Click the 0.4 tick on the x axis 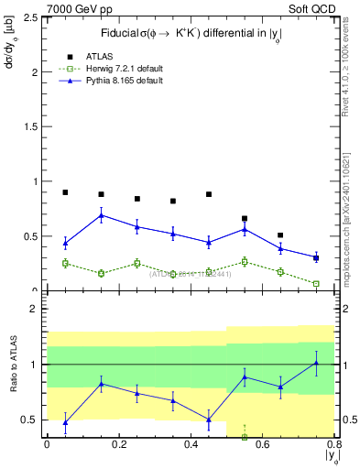coord(190,444)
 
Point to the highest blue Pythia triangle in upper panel coord(101,215)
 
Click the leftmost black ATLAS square coord(65,192)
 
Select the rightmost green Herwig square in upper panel coord(316,284)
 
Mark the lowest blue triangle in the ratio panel coord(65,421)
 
